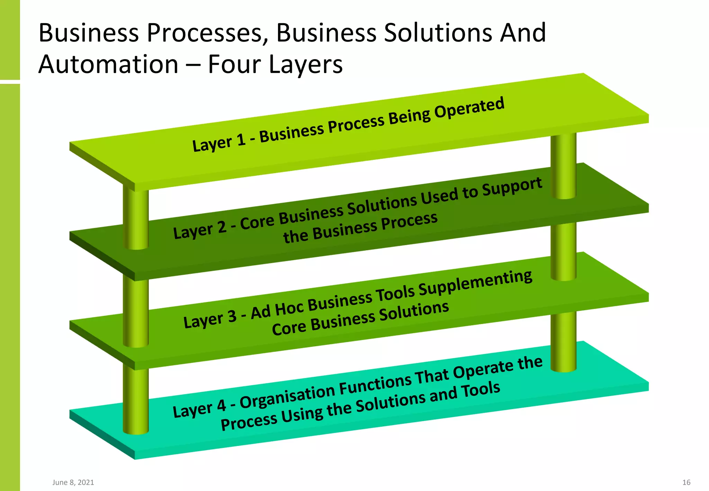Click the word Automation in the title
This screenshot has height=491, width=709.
pos(108,64)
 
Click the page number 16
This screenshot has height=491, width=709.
pos(686,482)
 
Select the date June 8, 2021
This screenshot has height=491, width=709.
pos(73,482)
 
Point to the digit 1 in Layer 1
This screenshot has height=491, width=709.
pos(241,140)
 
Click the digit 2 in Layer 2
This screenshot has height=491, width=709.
pos(222,227)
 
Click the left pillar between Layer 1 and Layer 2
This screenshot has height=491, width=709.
pos(136,218)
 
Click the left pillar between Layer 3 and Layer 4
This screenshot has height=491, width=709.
pos(136,398)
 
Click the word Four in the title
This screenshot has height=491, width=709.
pos(234,64)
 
